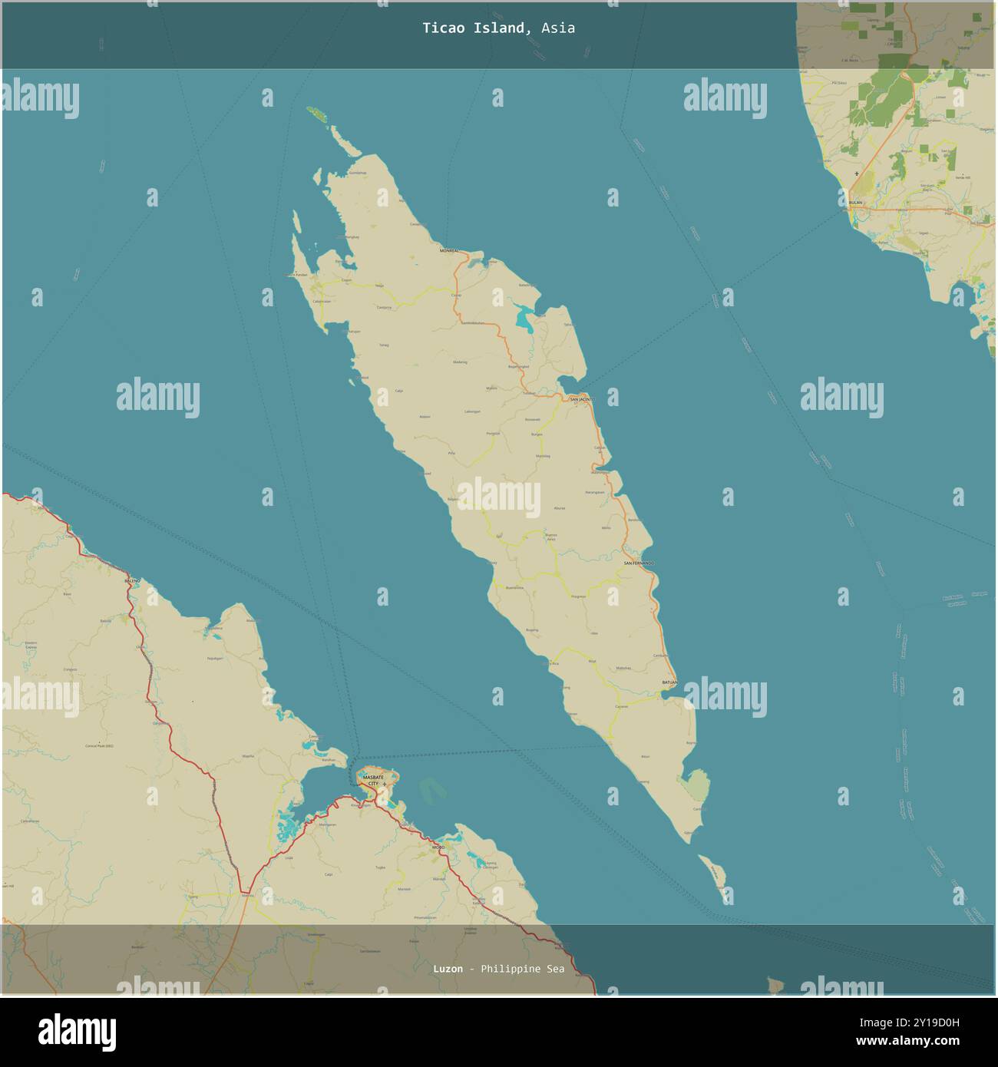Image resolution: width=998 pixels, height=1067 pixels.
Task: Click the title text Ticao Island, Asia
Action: tap(498, 28)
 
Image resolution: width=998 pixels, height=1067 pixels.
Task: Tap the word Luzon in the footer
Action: tap(448, 969)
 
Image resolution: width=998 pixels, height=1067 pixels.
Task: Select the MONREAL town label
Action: tap(449, 250)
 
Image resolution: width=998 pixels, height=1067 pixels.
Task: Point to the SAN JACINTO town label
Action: tap(581, 399)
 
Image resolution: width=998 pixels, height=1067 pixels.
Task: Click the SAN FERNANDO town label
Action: tap(639, 563)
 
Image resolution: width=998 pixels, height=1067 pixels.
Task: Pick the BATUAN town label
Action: tap(669, 682)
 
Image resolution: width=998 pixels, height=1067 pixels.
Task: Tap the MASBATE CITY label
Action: tap(373, 780)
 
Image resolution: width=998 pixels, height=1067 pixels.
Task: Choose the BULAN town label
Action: tap(855, 203)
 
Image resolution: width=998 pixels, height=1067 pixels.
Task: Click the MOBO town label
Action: tap(438, 847)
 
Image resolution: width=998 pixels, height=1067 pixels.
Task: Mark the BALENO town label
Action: tap(133, 581)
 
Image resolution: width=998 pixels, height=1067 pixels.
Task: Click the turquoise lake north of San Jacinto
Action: tap(526, 315)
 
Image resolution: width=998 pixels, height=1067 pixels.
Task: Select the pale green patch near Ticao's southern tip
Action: tap(696, 785)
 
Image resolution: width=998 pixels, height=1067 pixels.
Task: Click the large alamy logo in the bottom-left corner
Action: tap(77, 1031)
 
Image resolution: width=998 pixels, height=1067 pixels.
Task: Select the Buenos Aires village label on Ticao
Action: tap(550, 537)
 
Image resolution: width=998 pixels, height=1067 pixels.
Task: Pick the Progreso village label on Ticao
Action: tap(578, 596)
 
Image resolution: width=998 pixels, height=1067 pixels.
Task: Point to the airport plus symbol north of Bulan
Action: tap(857, 174)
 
